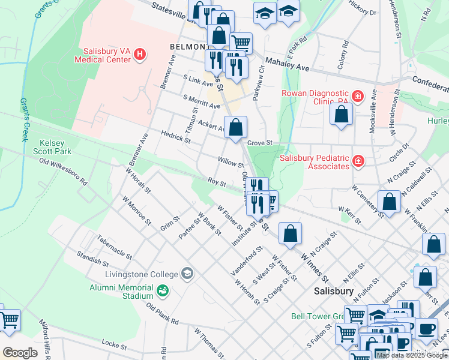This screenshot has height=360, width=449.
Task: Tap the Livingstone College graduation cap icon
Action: (x=187, y=274)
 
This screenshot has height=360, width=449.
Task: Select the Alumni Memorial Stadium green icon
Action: (x=161, y=292)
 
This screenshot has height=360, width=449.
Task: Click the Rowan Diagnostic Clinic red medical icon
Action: (x=358, y=97)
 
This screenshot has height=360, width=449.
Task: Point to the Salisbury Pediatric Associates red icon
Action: (x=358, y=161)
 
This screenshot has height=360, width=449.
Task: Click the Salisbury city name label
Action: (x=334, y=290)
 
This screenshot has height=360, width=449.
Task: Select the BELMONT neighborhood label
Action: (x=189, y=46)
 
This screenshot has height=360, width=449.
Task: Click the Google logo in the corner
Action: (x=19, y=352)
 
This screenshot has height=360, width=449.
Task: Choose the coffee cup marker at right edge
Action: (x=427, y=329)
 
